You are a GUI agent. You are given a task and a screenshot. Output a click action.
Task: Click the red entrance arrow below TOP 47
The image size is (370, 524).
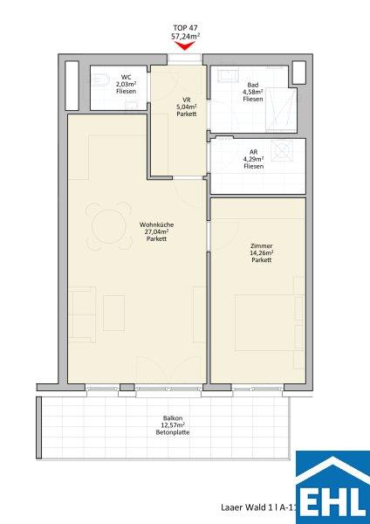[185, 46]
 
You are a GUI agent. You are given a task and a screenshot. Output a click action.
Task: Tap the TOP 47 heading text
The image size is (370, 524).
[185, 28]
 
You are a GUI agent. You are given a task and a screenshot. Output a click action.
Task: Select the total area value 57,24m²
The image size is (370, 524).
[185, 36]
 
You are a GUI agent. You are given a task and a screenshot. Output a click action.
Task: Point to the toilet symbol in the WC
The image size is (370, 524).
[101, 79]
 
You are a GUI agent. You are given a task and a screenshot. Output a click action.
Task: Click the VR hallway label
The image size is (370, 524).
[187, 100]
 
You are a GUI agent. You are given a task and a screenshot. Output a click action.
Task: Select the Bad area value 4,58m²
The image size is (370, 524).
[253, 92]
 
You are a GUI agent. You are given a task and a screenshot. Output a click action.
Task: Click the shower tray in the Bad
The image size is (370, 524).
[281, 109]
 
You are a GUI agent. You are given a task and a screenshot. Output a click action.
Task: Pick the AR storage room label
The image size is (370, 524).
[253, 152]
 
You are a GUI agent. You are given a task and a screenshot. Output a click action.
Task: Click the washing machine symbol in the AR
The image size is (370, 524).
[282, 151]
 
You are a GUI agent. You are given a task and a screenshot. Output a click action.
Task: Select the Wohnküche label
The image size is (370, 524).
[156, 225]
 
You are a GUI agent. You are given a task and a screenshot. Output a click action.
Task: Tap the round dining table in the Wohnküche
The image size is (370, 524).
[108, 226]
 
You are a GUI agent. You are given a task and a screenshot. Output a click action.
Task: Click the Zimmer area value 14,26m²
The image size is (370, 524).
[262, 253]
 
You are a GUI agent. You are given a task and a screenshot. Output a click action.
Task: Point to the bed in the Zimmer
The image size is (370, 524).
[269, 322]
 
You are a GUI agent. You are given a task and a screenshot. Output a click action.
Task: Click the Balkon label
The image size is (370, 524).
[173, 418]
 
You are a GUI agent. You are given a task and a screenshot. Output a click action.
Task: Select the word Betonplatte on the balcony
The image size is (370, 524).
[173, 432]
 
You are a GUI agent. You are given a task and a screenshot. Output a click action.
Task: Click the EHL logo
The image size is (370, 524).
[333, 487]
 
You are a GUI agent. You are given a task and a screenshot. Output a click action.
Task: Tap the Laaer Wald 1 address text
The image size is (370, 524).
[245, 507]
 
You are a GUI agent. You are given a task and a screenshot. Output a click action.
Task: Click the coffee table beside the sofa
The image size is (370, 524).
[113, 313]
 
